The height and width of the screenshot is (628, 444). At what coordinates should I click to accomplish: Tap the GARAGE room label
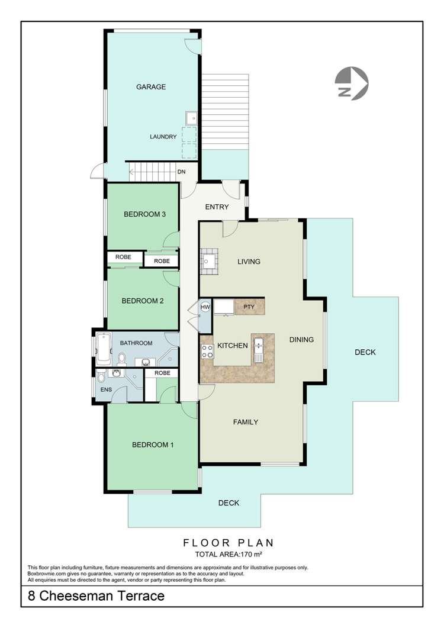[x=151, y=87]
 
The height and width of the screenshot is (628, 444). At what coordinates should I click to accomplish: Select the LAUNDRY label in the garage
[x=163, y=137]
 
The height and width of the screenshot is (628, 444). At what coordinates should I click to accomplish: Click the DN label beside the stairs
[x=182, y=173]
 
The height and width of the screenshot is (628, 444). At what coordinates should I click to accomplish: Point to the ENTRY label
[x=217, y=207]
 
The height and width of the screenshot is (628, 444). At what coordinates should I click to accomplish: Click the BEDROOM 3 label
[x=144, y=214]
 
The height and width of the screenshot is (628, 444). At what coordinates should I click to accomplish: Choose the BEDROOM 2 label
[x=142, y=301]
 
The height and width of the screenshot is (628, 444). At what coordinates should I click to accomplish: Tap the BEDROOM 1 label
[x=152, y=445]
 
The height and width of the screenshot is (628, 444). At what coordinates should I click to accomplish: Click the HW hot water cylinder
[x=205, y=307]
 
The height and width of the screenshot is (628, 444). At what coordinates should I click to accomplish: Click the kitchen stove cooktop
[x=207, y=351]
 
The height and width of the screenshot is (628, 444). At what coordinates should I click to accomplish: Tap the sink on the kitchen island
[x=259, y=346]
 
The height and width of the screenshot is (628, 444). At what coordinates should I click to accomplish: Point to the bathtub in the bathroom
[x=103, y=348]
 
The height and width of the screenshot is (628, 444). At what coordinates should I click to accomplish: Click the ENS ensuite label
[x=107, y=389]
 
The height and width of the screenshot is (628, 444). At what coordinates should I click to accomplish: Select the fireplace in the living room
[x=209, y=259]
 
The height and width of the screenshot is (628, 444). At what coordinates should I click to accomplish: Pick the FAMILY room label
[x=245, y=422]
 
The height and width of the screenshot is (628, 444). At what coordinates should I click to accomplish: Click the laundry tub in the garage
[x=191, y=119]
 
